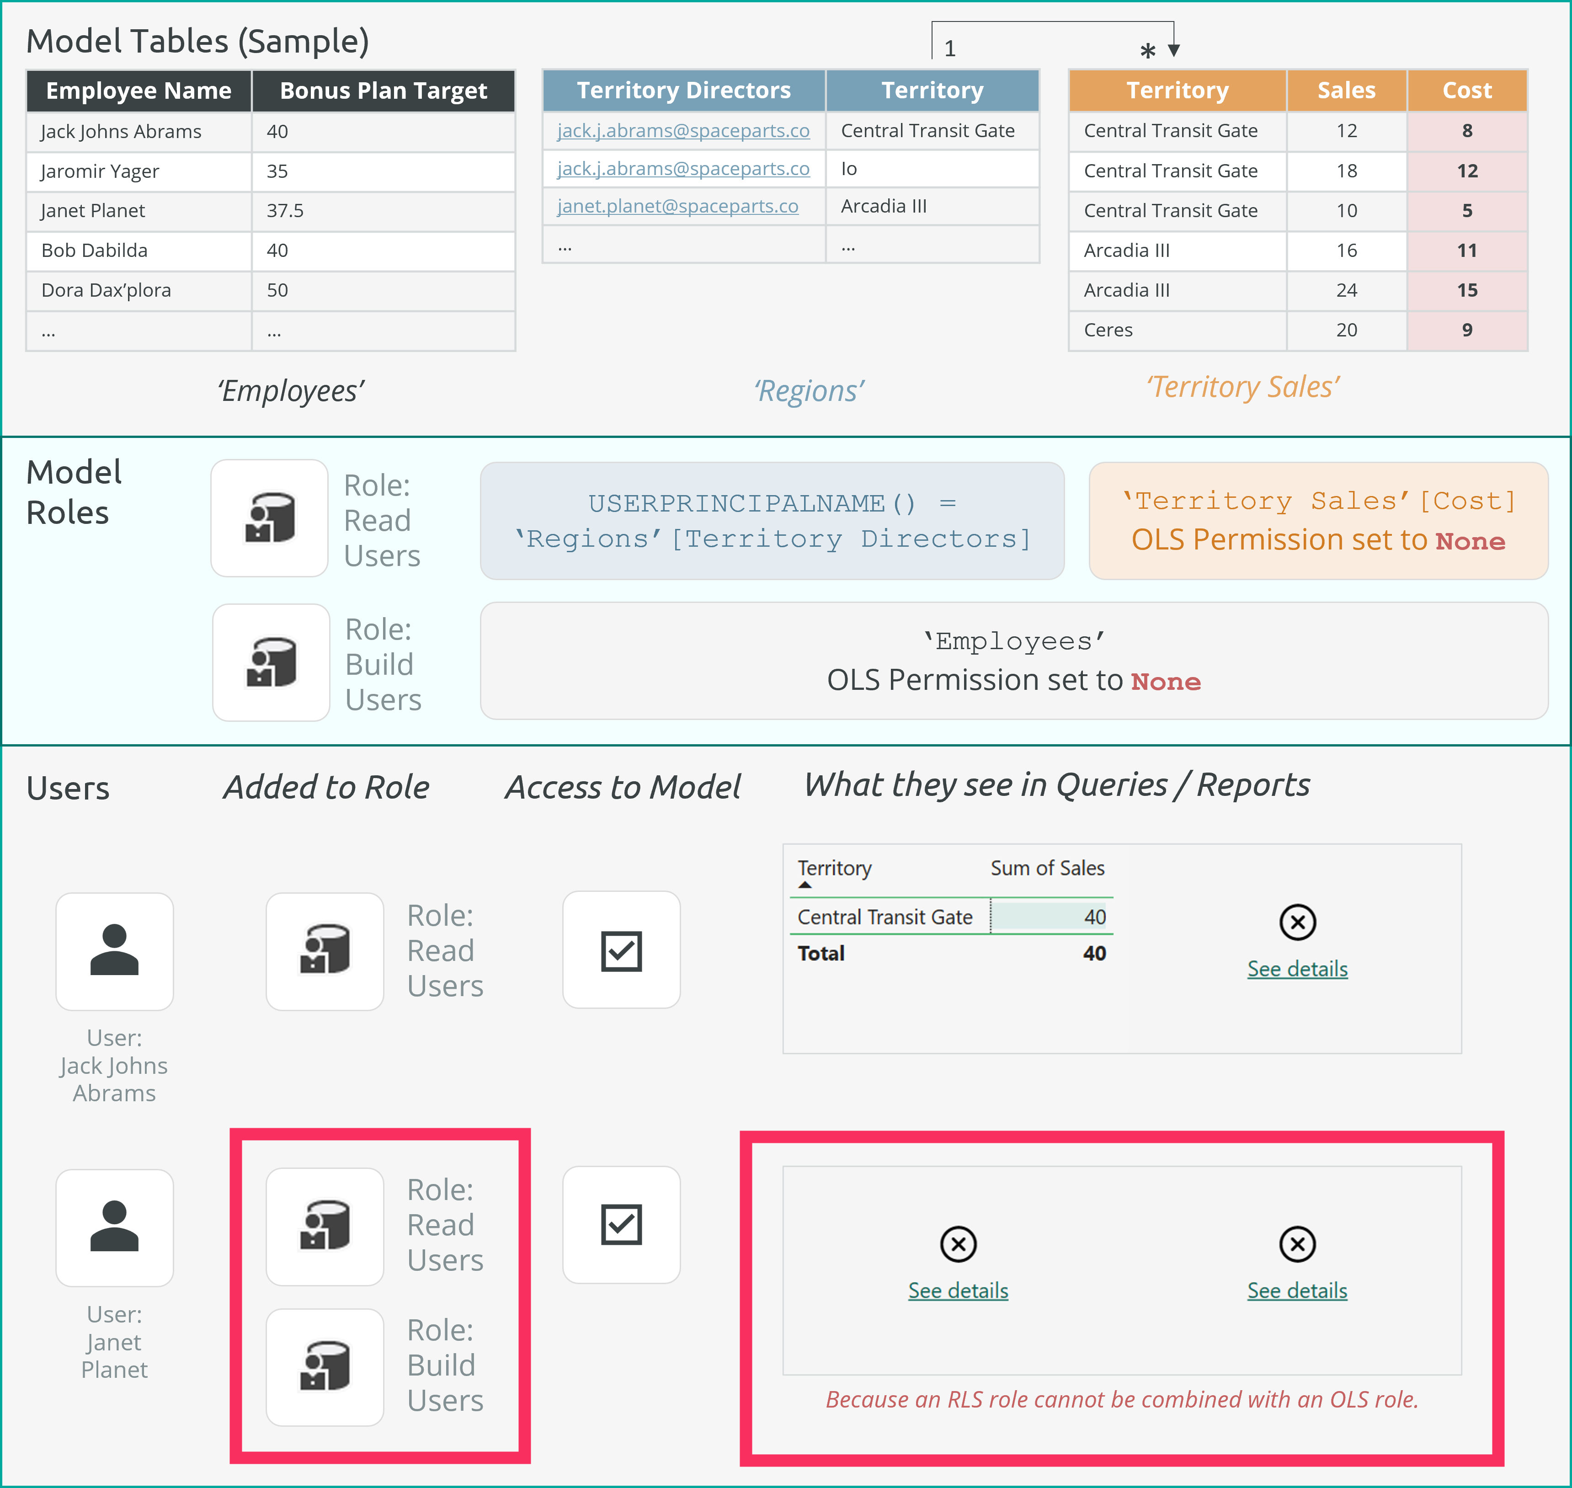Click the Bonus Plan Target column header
click(x=383, y=91)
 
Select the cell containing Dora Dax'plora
click(x=107, y=290)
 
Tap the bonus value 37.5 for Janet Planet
click(x=285, y=211)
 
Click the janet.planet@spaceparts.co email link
click(x=677, y=206)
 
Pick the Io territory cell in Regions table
click(x=849, y=169)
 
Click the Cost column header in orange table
click(x=1466, y=91)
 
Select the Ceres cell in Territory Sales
click(x=1108, y=330)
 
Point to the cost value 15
click(x=1466, y=290)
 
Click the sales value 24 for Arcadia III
click(x=1346, y=290)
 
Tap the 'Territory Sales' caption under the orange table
click(x=1243, y=387)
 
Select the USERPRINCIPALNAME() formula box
click(x=772, y=521)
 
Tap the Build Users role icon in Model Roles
click(x=271, y=662)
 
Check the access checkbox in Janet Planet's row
click(x=621, y=1225)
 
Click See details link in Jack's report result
click(x=1297, y=969)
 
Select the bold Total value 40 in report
click(x=1094, y=954)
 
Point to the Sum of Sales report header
click(x=1047, y=869)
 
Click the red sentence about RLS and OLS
click(x=1121, y=1400)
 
